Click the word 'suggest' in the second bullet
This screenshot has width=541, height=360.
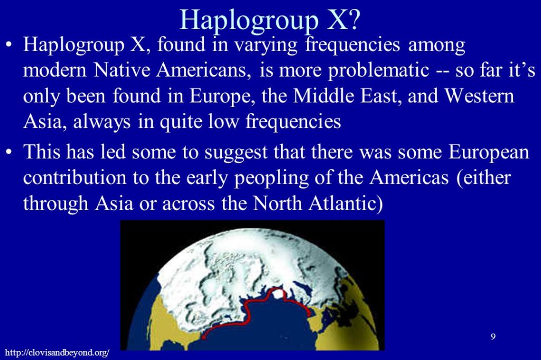pos(236,153)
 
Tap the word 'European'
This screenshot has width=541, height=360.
pos(489,153)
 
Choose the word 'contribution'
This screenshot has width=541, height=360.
pos(74,177)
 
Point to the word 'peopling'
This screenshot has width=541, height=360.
pos(271,178)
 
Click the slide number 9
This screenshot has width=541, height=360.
pos(493,336)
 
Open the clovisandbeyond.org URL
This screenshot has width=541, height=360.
pos(57,353)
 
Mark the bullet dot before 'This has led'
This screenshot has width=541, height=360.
pos(10,152)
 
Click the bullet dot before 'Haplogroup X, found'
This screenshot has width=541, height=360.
pos(10,45)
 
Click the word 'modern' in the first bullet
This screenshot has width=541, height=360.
pos(54,70)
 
